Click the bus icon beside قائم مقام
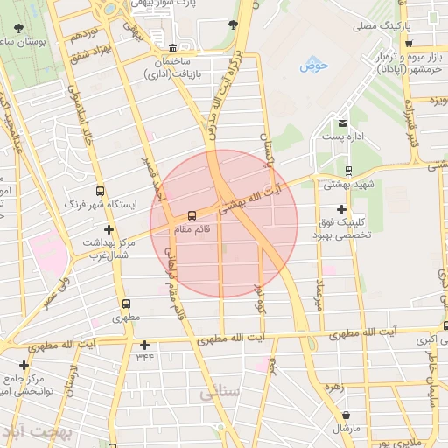pyautogui.click(x=192, y=215)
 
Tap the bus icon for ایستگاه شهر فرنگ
pyautogui.click(x=100, y=190)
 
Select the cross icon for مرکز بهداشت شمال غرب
pyautogui.click(x=108, y=229)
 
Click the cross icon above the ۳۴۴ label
pyautogui.click(x=144, y=346)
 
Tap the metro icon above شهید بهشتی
pyautogui.click(x=349, y=171)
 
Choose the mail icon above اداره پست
pyautogui.click(x=342, y=122)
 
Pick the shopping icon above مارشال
pyautogui.click(x=347, y=415)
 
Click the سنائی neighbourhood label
pyautogui.click(x=219, y=394)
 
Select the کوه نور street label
pyautogui.click(x=259, y=299)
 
